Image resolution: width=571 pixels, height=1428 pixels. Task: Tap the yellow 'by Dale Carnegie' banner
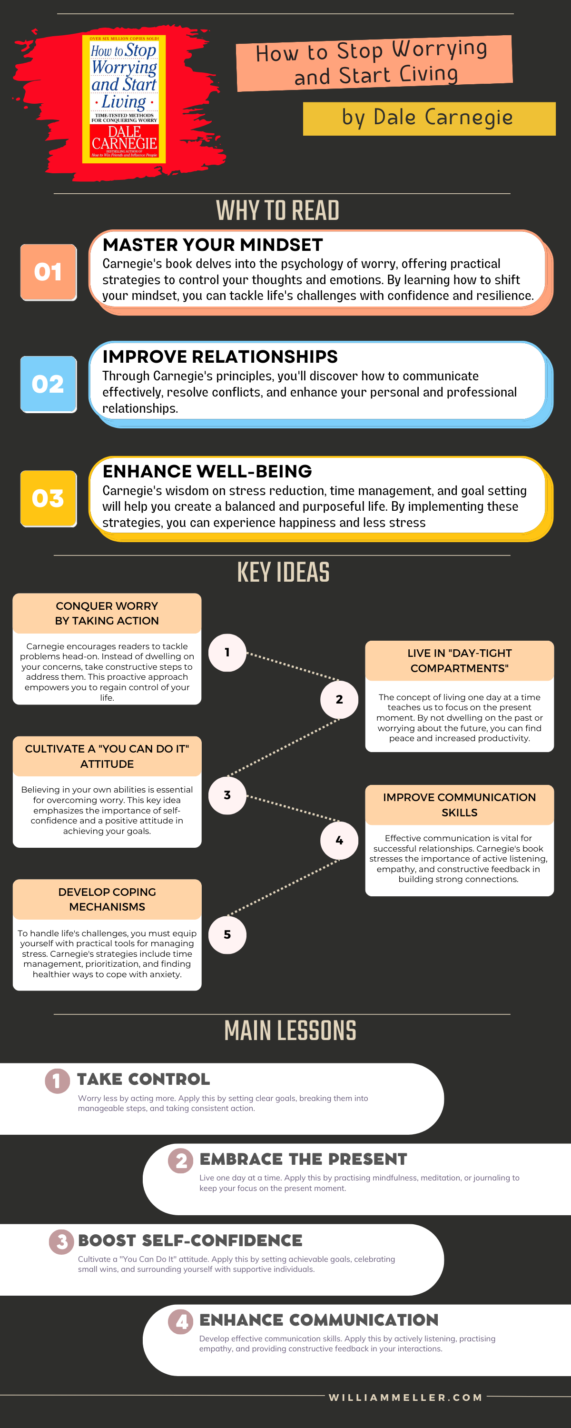pos(429,118)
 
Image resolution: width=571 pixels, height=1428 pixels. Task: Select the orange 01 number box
pos(48,272)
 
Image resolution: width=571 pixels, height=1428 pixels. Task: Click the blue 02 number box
pos(48,384)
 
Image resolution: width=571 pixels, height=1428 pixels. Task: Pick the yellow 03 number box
pos(48,498)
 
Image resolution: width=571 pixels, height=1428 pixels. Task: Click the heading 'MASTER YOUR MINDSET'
pos(212,245)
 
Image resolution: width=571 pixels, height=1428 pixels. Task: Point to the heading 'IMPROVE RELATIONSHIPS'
pos(219,357)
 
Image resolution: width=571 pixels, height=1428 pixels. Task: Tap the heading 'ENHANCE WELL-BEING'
pos(207,471)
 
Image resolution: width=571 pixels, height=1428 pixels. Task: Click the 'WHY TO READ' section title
pos(277,211)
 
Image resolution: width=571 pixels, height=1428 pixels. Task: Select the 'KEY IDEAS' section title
pos(283,572)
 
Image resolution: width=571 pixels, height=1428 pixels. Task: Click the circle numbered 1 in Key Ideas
pos(227,653)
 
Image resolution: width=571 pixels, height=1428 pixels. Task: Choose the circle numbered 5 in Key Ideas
pos(227,935)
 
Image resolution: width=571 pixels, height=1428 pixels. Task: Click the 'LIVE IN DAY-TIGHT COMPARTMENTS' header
pos(459,660)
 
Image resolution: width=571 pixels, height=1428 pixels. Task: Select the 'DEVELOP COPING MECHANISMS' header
pos(107,899)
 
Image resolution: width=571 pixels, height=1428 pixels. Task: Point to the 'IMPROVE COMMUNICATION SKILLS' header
pos(459,804)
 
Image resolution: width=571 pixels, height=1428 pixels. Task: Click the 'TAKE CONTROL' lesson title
pos(143,1079)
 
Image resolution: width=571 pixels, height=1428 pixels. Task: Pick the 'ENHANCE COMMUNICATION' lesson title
pos(319,1320)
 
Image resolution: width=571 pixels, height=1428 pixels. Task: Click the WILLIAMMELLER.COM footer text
pos(405,1398)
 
